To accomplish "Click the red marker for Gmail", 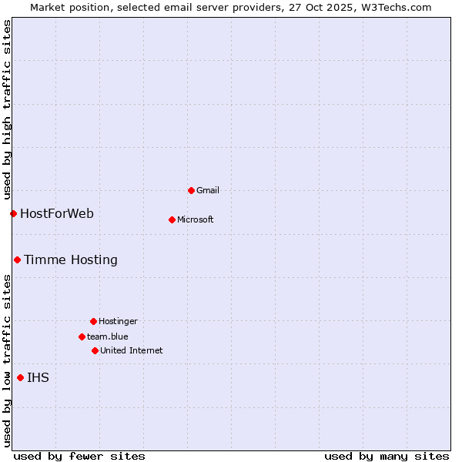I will [191, 190].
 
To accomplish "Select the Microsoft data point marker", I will [172, 219].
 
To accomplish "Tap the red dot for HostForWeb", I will [13, 213].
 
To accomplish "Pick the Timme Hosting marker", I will [17, 259].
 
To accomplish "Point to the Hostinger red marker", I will [93, 321].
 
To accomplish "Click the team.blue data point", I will [82, 336].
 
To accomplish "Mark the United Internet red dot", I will [95, 350].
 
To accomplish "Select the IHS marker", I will [20, 377].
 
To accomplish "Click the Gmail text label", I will [208, 190].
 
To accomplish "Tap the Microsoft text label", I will [196, 219].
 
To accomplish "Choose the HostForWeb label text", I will [57, 213].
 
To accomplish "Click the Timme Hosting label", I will [71, 259].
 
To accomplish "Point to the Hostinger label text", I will [118, 321].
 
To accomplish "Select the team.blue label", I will [108, 336].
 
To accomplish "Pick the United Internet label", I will [132, 350].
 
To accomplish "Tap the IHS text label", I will [38, 377].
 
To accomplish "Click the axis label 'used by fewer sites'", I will [79, 456].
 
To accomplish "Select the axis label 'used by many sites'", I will [387, 456].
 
